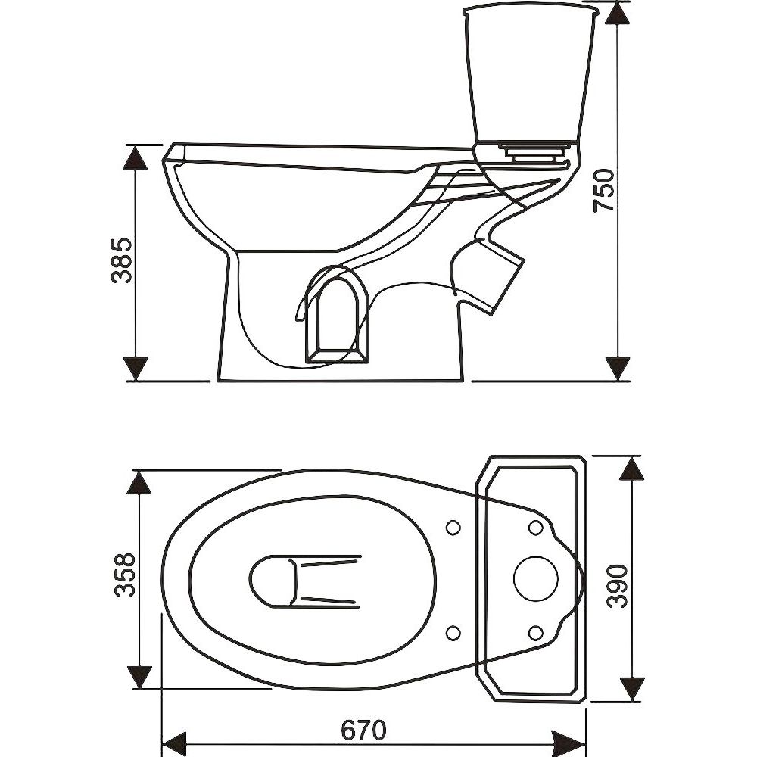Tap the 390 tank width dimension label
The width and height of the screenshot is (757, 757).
point(618,584)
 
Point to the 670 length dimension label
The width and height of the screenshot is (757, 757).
point(363,730)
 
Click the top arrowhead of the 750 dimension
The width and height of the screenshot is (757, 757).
point(619,14)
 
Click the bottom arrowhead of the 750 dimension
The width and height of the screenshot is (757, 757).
point(619,368)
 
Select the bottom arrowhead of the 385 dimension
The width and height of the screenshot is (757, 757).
point(136,368)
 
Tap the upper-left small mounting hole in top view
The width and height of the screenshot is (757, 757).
point(454,527)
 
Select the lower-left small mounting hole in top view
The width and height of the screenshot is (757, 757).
point(454,631)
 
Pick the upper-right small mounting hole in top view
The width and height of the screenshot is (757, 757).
point(534,527)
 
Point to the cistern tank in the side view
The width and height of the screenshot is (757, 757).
point(530,76)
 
